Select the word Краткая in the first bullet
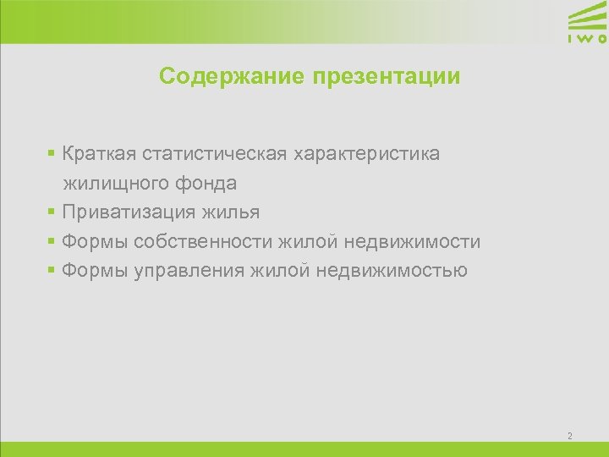99,154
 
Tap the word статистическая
215,154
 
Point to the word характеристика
366,154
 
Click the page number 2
570,436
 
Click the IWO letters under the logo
586,39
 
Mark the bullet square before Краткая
52,154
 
